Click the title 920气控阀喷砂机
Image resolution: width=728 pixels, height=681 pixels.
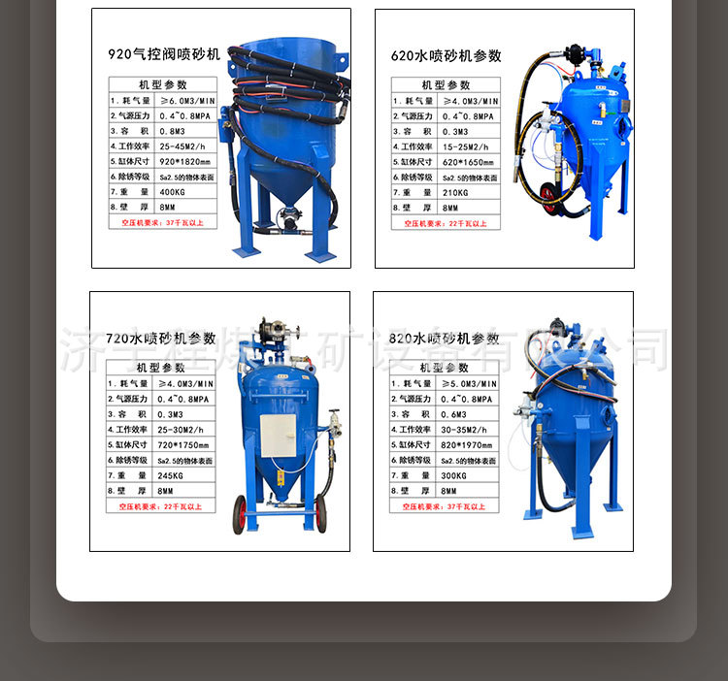(164, 54)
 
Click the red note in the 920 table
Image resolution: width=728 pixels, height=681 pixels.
(161, 222)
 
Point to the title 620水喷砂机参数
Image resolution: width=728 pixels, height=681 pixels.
(447, 55)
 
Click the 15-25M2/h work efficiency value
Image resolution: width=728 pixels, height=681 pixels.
(463, 146)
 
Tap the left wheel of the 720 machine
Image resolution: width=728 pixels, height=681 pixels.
(239, 514)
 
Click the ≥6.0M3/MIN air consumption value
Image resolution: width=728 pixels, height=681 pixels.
(179, 101)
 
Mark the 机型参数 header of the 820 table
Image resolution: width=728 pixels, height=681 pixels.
(444, 368)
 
